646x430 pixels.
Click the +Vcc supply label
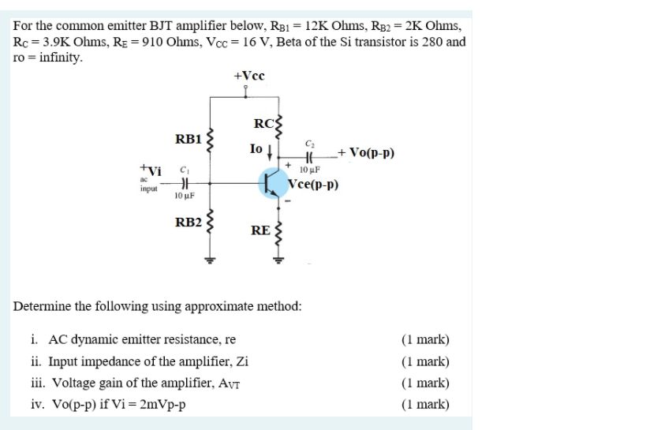249,77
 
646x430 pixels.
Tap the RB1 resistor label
189,140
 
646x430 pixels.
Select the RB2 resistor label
189,221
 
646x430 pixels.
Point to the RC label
263,123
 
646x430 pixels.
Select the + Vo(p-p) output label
365,153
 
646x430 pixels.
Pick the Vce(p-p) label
313,186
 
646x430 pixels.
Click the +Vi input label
150,169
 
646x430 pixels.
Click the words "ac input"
147,185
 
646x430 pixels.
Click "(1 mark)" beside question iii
424,383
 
